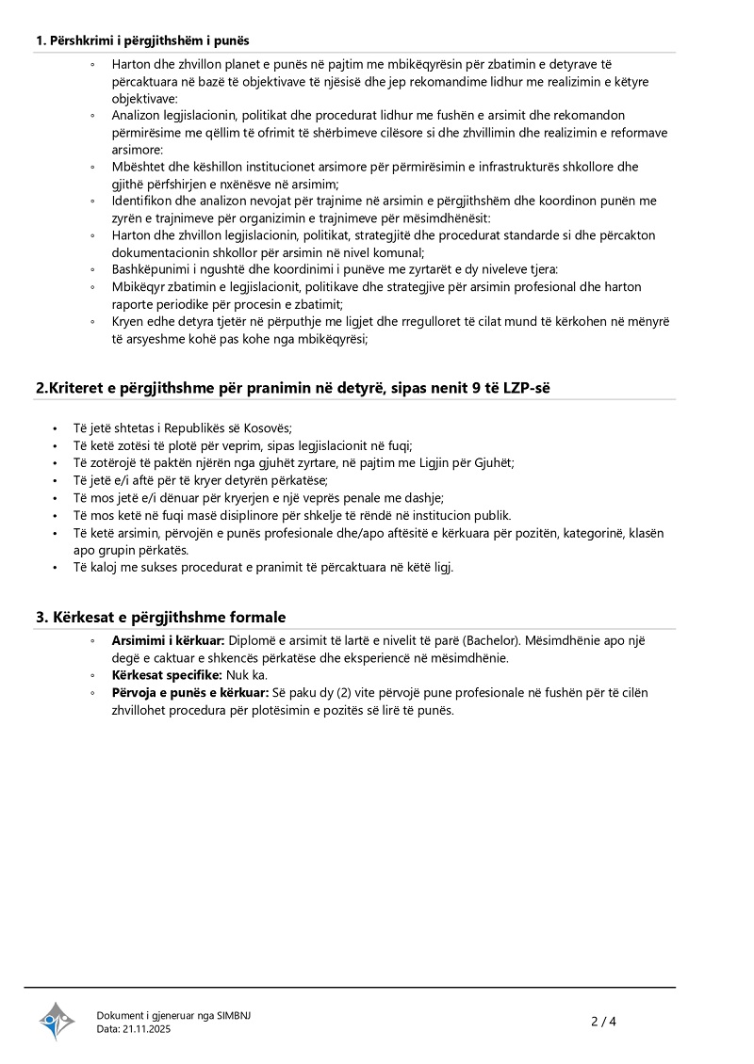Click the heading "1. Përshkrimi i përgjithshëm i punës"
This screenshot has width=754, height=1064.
coord(142,40)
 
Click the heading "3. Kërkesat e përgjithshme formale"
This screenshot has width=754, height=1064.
coord(160,617)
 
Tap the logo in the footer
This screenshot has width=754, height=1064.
coord(57,1021)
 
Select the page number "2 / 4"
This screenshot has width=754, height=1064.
coord(603,1021)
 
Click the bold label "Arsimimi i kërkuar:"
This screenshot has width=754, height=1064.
coord(165,641)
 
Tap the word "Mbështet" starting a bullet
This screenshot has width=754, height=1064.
coord(140,167)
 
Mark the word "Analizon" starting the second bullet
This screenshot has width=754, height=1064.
coord(139,116)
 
